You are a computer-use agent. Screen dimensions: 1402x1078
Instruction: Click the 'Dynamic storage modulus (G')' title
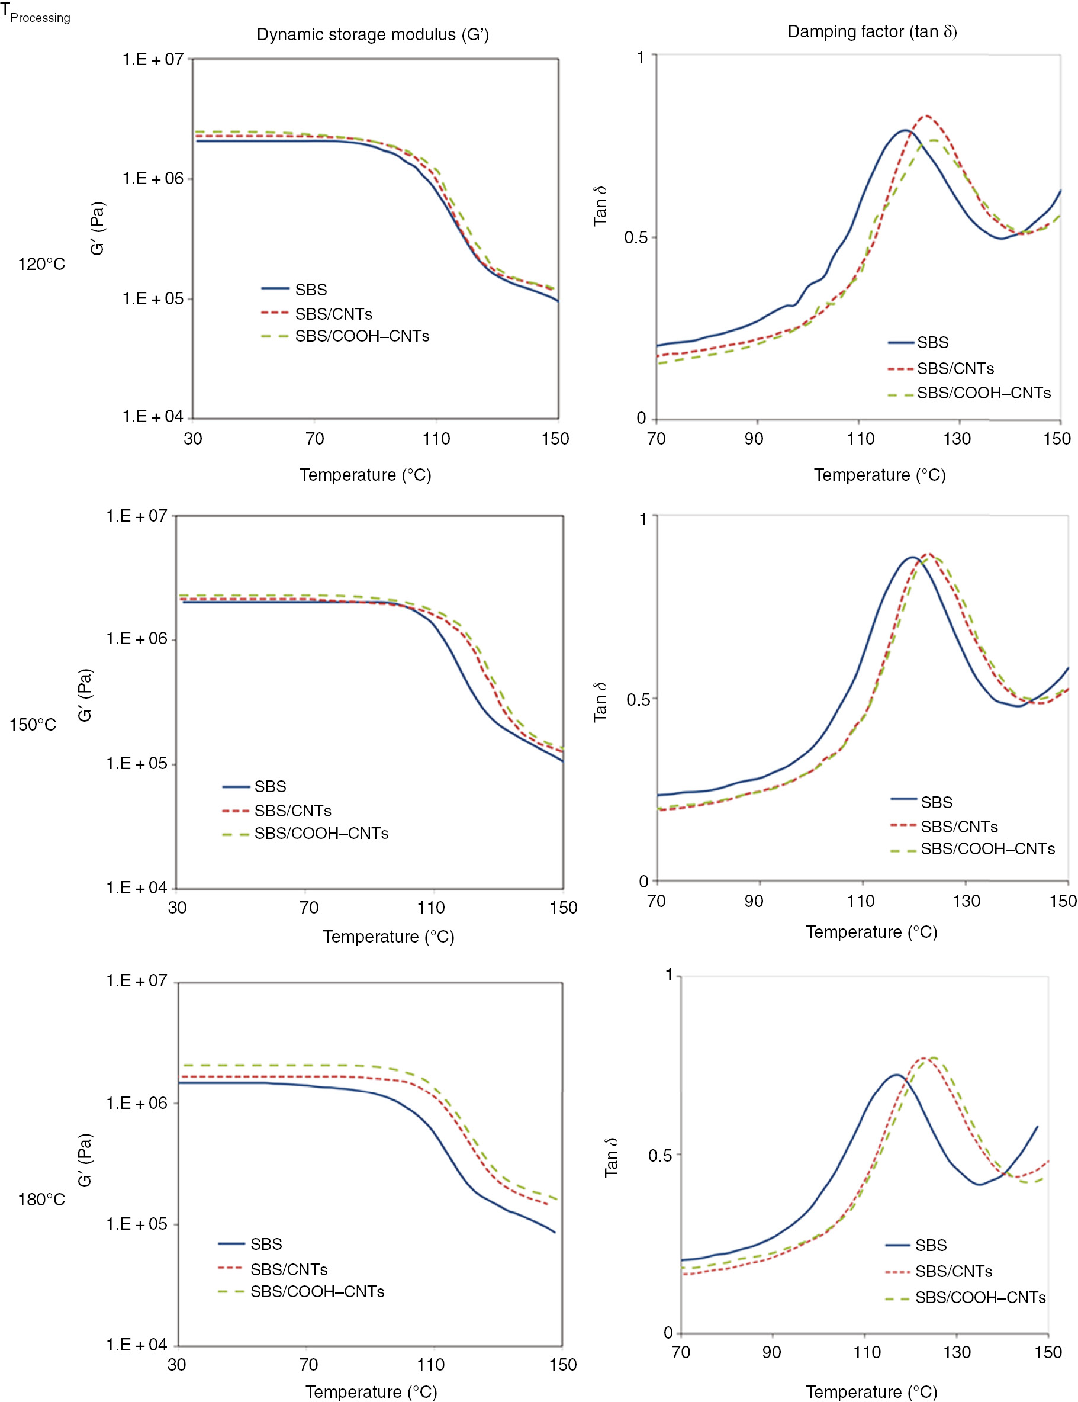[373, 35]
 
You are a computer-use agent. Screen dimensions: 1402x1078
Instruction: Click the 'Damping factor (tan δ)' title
[872, 31]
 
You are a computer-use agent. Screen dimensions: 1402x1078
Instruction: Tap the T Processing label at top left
[36, 14]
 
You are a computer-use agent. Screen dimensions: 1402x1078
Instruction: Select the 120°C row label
[41, 265]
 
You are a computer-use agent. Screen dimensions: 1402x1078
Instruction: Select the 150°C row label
[33, 725]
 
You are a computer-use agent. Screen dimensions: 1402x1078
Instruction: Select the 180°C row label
[41, 1200]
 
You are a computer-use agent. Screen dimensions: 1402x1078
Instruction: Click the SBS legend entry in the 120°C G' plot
[311, 290]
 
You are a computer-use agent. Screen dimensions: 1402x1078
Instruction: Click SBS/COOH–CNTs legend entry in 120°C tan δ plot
[983, 393]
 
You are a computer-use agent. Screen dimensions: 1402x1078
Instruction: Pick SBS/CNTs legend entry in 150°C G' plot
[292, 811]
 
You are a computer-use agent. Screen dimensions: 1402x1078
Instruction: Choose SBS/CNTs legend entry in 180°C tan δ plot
[953, 1271]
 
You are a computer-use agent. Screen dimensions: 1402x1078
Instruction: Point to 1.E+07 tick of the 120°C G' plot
[153, 60]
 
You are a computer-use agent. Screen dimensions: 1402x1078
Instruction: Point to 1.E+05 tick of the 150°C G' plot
[136, 763]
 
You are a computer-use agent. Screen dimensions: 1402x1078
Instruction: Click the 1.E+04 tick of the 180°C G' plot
[136, 1344]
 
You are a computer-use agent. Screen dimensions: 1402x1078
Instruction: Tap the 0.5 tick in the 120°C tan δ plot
[635, 237]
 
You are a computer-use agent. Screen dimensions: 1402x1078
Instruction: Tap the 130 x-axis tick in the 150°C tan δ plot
[966, 901]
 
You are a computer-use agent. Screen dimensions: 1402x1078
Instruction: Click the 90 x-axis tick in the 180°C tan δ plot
[771, 1352]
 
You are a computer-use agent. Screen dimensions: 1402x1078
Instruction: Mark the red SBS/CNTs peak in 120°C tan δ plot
[926, 116]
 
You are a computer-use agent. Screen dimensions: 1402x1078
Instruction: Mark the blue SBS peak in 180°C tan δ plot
[896, 1075]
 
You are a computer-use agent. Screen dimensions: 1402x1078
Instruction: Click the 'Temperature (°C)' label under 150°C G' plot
[388, 936]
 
